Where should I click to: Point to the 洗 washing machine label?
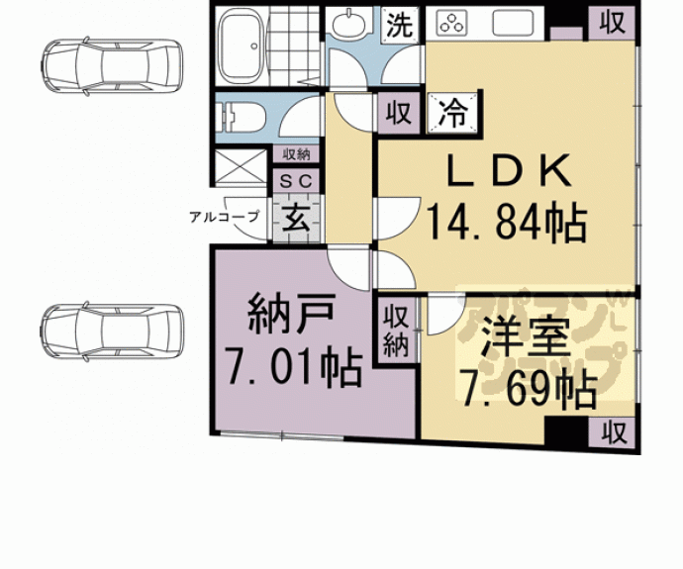click(x=399, y=25)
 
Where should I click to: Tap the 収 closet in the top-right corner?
click(x=613, y=22)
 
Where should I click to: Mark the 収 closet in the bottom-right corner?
click(x=614, y=431)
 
